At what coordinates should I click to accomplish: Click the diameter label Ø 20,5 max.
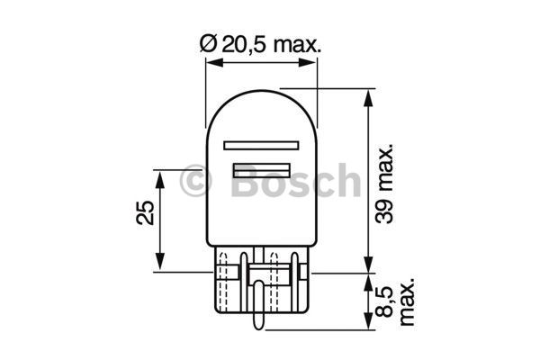[x=261, y=43]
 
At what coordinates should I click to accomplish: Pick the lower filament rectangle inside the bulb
[x=262, y=169]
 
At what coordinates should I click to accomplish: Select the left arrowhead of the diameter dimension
[x=211, y=62]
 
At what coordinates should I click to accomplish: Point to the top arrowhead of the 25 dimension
[x=161, y=174]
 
